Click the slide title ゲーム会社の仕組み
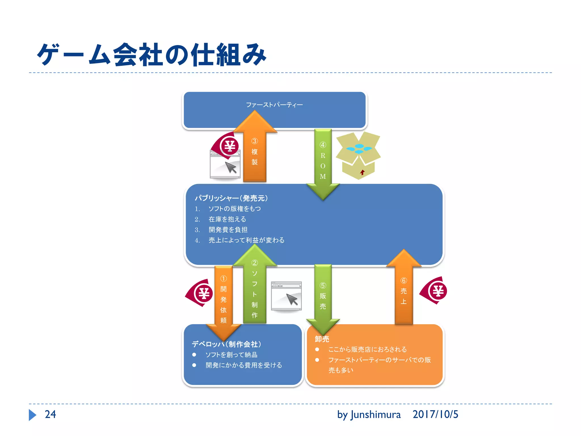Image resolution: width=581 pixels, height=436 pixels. pos(152,54)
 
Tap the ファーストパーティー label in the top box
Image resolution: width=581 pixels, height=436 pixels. pos(274,105)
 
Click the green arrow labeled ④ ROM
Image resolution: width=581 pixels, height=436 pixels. pos(323,162)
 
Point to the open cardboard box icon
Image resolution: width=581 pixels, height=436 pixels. pos(358,155)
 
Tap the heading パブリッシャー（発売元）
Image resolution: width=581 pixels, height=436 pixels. pos(231,198)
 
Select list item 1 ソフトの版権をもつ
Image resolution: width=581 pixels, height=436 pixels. pos(235,209)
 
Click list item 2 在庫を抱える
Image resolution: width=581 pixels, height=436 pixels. pos(227,219)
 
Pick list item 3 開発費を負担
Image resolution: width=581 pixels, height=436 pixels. pos(228,230)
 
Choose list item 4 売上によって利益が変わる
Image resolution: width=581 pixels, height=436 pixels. pos(246,240)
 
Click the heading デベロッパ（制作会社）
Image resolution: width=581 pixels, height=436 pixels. pos(226,344)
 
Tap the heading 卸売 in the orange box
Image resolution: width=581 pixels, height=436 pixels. pos(322,339)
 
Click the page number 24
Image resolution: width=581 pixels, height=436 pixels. pos(50,414)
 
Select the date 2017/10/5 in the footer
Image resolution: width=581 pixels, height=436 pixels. pos(435,414)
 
